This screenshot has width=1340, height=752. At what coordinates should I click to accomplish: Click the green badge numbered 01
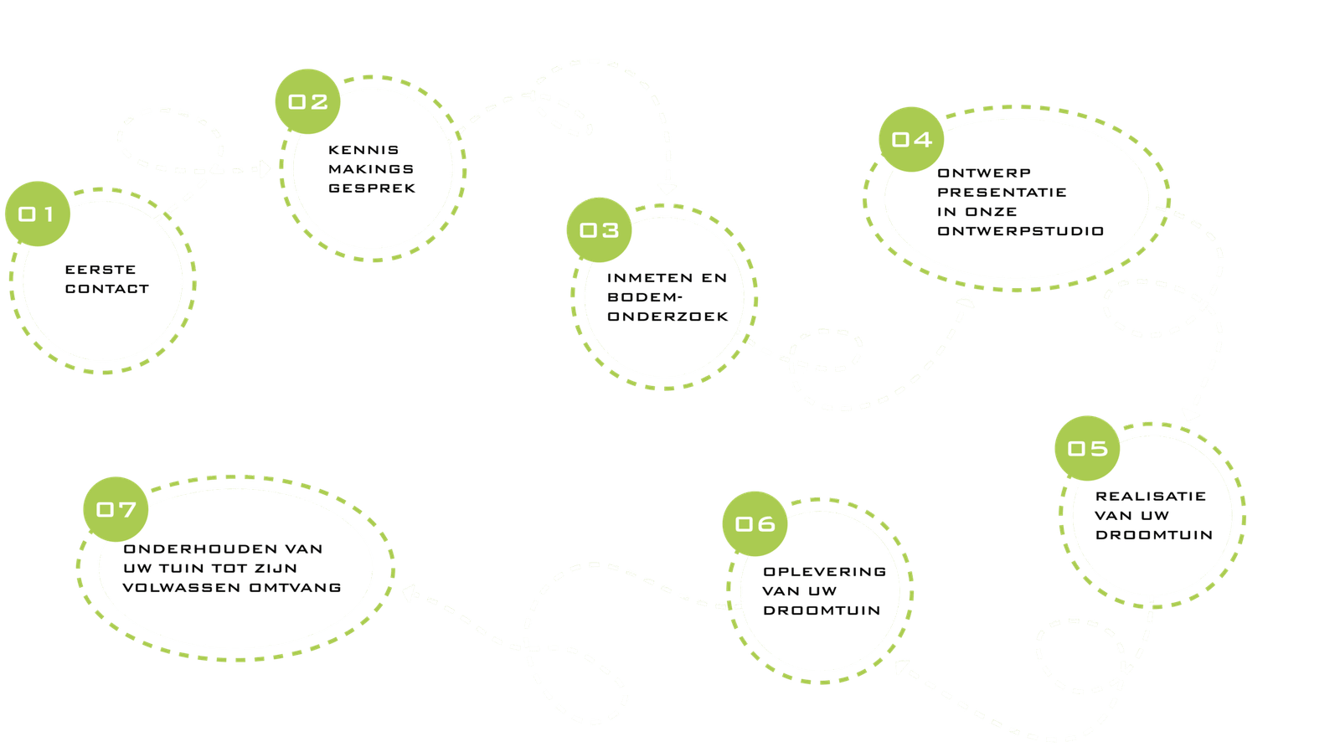(37, 214)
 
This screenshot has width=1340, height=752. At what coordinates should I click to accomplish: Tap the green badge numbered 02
(307, 101)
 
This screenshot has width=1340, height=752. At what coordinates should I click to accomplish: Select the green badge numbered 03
(599, 229)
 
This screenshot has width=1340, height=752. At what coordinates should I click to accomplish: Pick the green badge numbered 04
(911, 139)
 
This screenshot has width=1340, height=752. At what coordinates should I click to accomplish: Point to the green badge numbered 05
(1087, 448)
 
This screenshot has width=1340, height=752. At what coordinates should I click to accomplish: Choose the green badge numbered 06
(755, 523)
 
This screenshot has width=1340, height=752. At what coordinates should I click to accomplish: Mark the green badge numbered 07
(116, 509)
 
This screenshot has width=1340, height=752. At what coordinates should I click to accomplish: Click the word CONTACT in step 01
(107, 289)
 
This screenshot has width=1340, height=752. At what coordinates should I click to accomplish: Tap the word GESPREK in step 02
(372, 188)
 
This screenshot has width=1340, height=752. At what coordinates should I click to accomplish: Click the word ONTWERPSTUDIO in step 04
(1020, 231)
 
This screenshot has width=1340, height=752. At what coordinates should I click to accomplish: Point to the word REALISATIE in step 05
(1150, 497)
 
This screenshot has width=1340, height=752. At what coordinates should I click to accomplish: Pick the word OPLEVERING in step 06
(824, 572)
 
